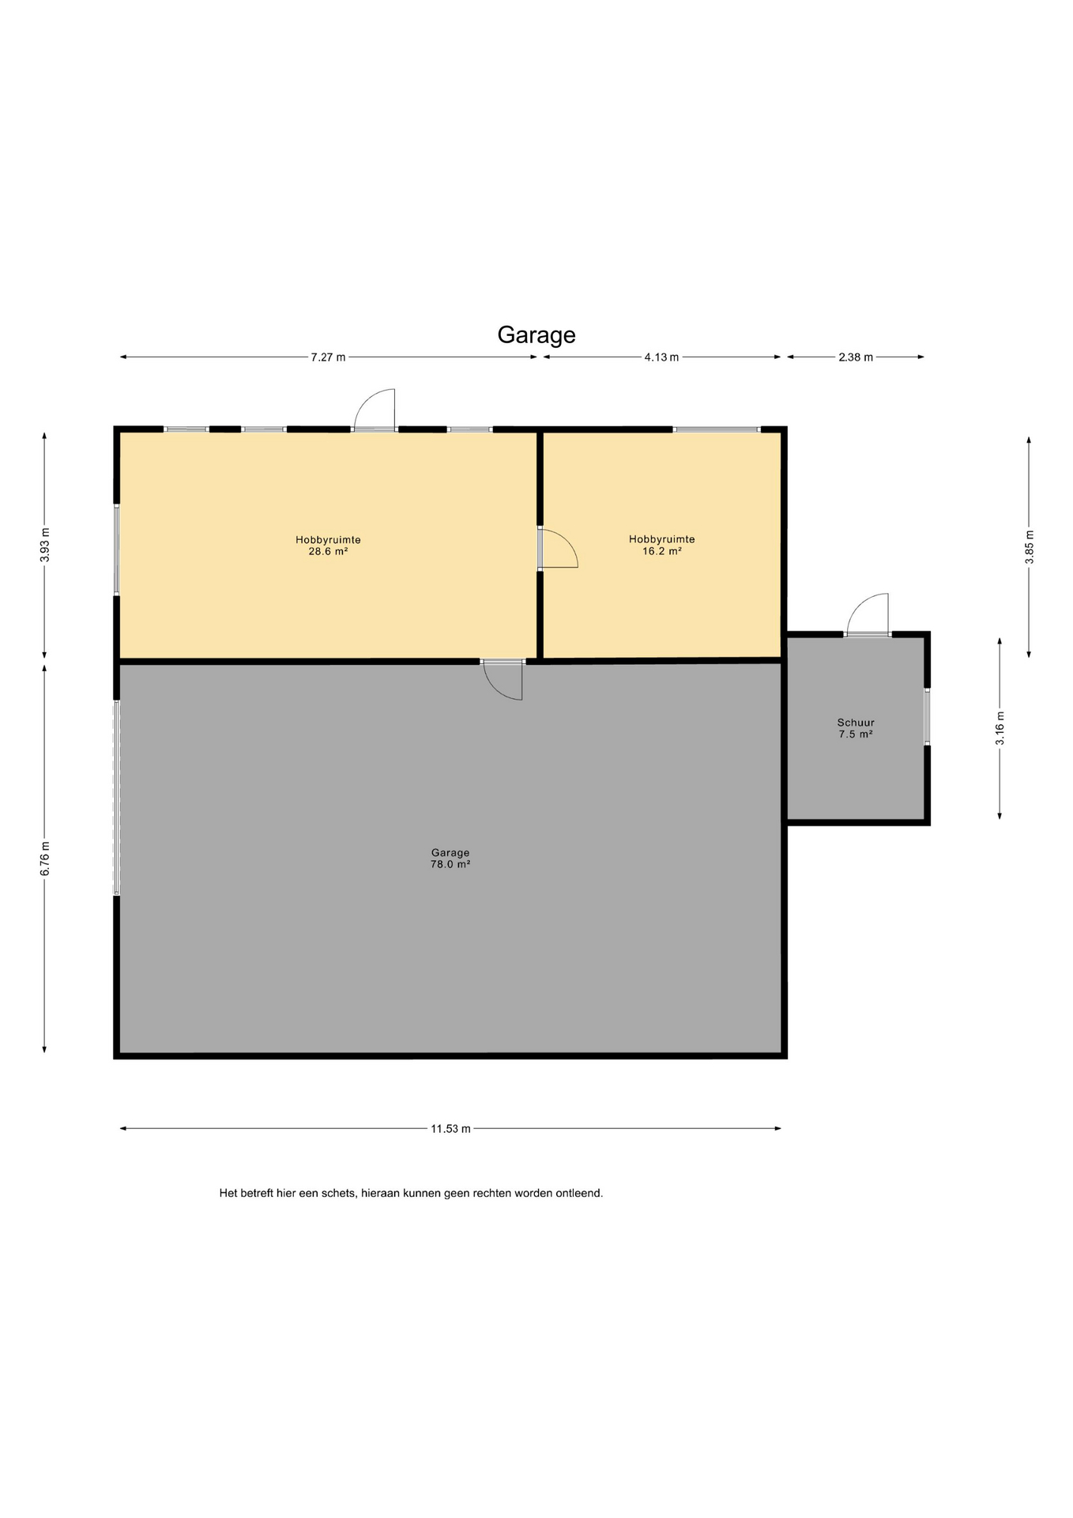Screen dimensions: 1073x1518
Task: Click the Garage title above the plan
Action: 536,335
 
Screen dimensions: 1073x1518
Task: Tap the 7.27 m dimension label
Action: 328,357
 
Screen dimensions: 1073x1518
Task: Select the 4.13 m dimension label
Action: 661,357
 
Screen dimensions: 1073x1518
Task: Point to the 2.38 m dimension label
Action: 856,357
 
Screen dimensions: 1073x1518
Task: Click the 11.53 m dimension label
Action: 450,1129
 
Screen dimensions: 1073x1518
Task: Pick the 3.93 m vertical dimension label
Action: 45,545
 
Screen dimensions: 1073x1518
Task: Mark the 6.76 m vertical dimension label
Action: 45,858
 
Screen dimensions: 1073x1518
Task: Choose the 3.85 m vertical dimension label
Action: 1029,547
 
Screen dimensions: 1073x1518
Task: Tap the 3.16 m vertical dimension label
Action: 1000,728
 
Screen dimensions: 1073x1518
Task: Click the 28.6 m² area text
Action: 328,552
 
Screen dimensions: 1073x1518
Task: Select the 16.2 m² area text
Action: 662,551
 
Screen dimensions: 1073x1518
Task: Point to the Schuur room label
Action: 856,723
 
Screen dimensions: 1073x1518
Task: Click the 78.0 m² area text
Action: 450,864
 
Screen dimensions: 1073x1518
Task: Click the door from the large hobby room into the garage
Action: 503,679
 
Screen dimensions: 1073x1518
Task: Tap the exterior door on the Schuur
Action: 868,614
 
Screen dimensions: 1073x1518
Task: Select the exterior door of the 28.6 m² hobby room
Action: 375,410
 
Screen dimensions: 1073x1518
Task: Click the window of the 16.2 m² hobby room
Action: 717,429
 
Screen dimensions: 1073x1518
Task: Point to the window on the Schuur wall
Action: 927,717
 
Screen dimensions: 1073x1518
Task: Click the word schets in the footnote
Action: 340,1193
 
